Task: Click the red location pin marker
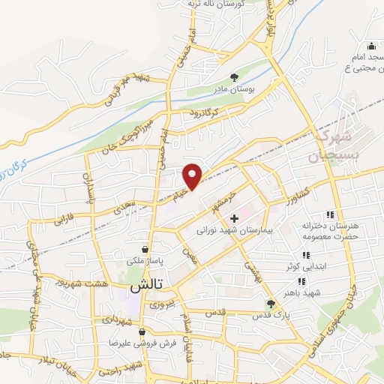193,175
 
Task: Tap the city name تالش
146,286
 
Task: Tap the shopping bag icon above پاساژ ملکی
145,249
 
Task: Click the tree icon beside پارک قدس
271,304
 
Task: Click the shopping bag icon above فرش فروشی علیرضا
142,331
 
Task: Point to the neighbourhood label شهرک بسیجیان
331,147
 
